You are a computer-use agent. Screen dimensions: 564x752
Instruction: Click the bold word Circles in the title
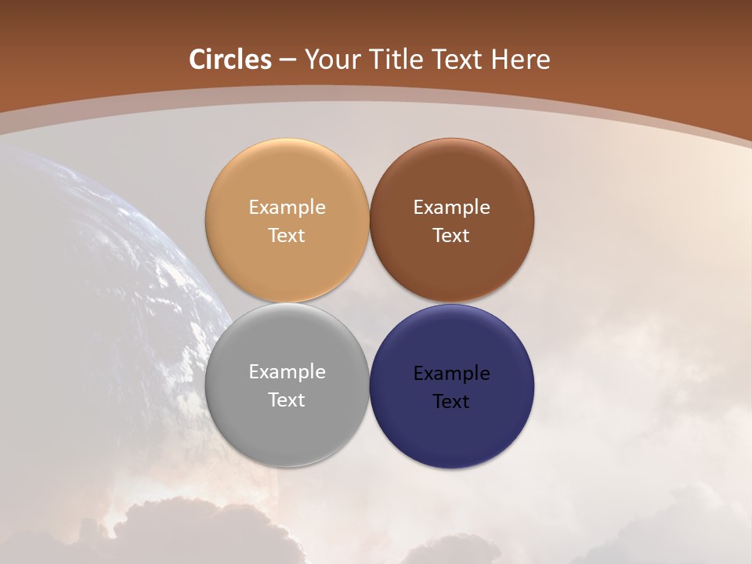[x=230, y=60]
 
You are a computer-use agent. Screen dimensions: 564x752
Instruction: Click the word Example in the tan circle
[x=287, y=208]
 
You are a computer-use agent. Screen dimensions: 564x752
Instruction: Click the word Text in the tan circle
[x=287, y=236]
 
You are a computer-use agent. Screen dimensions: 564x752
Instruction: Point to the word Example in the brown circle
[x=451, y=208]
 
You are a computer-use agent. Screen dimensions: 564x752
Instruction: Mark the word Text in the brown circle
[x=451, y=236]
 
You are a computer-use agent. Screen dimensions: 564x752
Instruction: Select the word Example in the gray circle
[x=287, y=372]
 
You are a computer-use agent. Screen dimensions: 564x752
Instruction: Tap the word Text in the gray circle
[x=287, y=400]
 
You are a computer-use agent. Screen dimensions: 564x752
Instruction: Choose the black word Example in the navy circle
[x=451, y=374]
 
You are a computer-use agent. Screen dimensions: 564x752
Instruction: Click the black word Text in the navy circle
[x=451, y=402]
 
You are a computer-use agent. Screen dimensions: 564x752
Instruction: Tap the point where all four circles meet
[x=369, y=303]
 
